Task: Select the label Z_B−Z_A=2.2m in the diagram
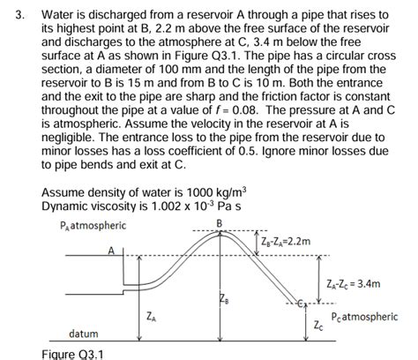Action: pos(287,242)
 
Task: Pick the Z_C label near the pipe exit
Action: pos(318,326)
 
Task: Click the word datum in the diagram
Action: pos(85,334)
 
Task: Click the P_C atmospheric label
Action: pos(363,317)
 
